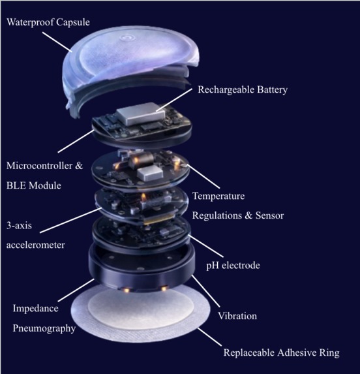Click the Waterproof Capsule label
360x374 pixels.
48,22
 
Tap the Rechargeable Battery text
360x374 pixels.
243,90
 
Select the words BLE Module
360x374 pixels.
34,185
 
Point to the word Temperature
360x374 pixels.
218,196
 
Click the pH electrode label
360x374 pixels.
233,265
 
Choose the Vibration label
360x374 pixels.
237,316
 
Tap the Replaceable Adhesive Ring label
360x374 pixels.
281,352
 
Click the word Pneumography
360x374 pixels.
44,328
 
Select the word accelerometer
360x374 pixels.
35,245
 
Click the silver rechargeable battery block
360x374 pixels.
141,114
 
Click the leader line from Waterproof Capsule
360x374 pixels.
57,42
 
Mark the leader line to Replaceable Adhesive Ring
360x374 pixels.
209,337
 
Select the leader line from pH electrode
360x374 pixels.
206,246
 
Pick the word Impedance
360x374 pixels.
35,309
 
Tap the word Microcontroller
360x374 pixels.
40,166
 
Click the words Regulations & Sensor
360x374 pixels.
238,215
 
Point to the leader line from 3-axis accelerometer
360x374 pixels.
71,220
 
